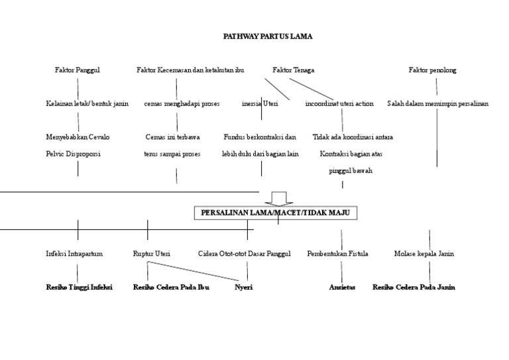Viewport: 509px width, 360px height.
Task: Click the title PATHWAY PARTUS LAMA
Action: [x=267, y=36]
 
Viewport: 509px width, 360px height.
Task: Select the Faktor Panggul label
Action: [x=78, y=70]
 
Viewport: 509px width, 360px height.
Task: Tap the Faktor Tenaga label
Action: [x=293, y=70]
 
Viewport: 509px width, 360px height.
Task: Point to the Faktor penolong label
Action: [x=432, y=70]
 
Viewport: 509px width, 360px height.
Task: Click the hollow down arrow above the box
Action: [x=278, y=198]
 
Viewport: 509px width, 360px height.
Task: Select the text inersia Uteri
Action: [x=260, y=104]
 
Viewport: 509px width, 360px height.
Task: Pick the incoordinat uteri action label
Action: [x=339, y=104]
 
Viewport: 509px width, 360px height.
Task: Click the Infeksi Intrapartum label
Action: [x=78, y=254]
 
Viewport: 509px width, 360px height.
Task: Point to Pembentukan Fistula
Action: [x=338, y=254]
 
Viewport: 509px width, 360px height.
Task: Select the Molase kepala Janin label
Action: [x=424, y=254]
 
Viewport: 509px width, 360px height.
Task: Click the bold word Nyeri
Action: [x=244, y=288]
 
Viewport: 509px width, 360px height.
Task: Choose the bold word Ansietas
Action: [x=342, y=288]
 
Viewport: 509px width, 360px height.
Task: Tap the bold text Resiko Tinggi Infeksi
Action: [x=79, y=288]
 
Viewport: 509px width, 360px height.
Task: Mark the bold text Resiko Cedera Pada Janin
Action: [x=414, y=288]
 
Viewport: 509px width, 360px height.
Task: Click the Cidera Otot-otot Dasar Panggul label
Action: [x=244, y=254]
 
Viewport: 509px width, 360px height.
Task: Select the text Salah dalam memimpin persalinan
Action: [x=437, y=104]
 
